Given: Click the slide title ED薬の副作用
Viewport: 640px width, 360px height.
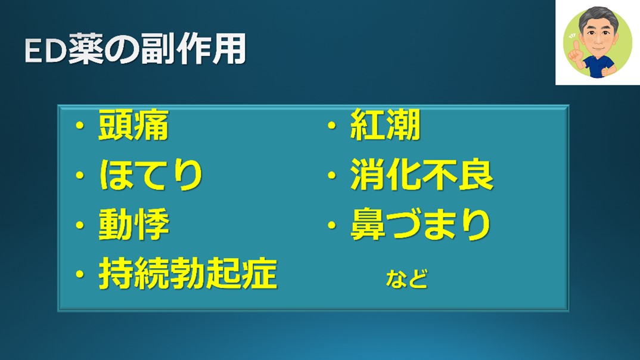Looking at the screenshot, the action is [135, 49].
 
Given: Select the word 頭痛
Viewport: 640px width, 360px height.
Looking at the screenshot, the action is [133, 125].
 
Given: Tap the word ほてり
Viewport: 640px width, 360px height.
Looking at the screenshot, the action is [151, 175].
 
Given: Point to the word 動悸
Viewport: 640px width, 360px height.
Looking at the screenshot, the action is [134, 224].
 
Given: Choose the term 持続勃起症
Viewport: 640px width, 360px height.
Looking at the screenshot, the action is [188, 274].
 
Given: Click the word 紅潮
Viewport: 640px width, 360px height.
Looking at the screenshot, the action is [386, 125].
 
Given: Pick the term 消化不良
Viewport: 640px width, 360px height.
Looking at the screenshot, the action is [422, 175].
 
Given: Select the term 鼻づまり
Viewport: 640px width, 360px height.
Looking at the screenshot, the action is [420, 224].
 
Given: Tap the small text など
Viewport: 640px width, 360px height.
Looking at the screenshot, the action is [406, 279].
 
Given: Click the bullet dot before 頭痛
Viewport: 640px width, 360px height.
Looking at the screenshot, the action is [80, 125].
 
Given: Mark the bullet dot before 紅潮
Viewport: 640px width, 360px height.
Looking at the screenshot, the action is [331, 125].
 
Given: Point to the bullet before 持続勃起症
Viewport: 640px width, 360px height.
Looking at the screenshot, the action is [80, 274].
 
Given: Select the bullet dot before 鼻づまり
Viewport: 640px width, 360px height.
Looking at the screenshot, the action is [331, 225].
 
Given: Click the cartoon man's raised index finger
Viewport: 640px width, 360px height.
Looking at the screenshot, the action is [576, 46].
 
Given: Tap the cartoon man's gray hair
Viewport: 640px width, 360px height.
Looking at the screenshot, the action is [598, 15].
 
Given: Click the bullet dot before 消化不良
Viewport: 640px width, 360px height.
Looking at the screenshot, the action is [331, 175].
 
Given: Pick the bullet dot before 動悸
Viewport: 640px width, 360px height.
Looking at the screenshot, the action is [80, 225].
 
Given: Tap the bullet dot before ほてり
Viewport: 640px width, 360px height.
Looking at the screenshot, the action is [80, 175].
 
